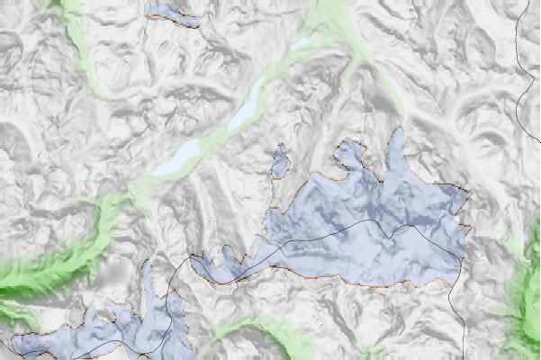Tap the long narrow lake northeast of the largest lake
tap(248, 103)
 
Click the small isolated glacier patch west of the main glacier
tap(280, 160)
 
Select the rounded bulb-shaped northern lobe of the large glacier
tap(351, 155)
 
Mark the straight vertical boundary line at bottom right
tap(463, 324)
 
